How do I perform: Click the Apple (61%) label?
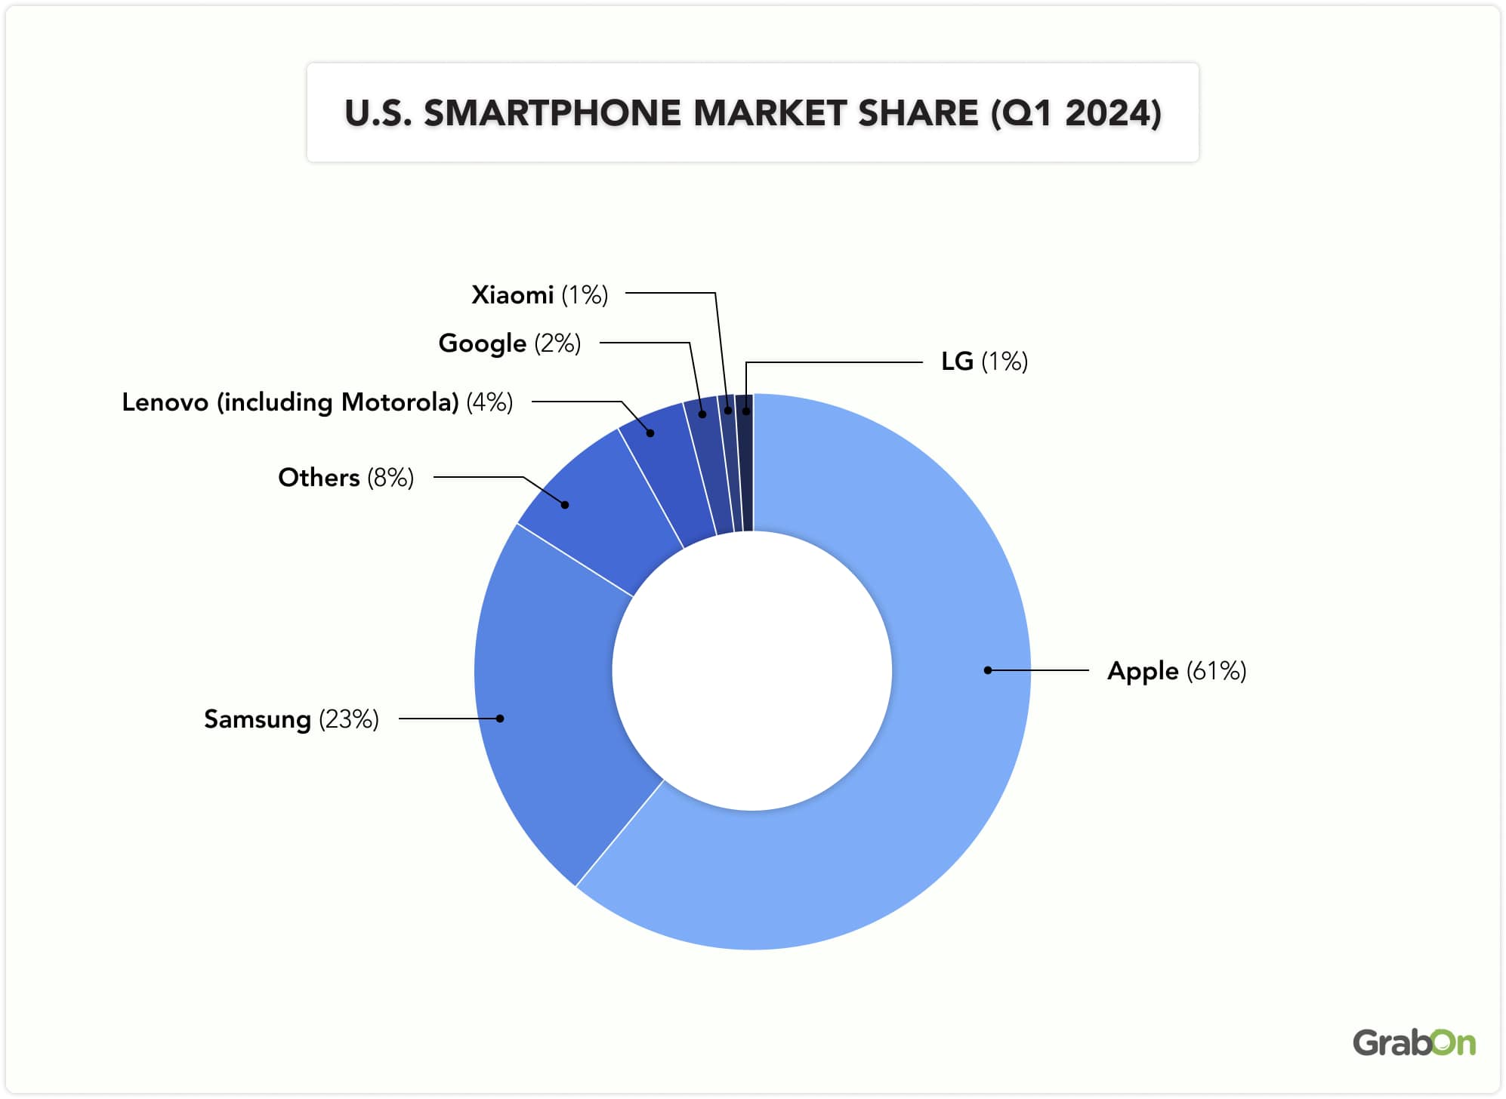point(1176,670)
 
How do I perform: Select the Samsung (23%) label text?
point(291,719)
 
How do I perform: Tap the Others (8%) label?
point(345,477)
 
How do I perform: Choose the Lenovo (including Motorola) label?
point(317,402)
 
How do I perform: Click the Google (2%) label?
point(509,343)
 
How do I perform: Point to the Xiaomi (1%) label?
point(539,294)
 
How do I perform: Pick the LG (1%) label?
point(983,362)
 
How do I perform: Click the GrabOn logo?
point(1413,1042)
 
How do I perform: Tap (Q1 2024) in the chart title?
point(1075,113)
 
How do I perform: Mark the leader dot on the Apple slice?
point(987,670)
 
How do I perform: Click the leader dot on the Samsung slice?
point(500,719)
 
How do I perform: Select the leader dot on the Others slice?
point(565,505)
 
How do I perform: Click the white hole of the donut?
point(752,670)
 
